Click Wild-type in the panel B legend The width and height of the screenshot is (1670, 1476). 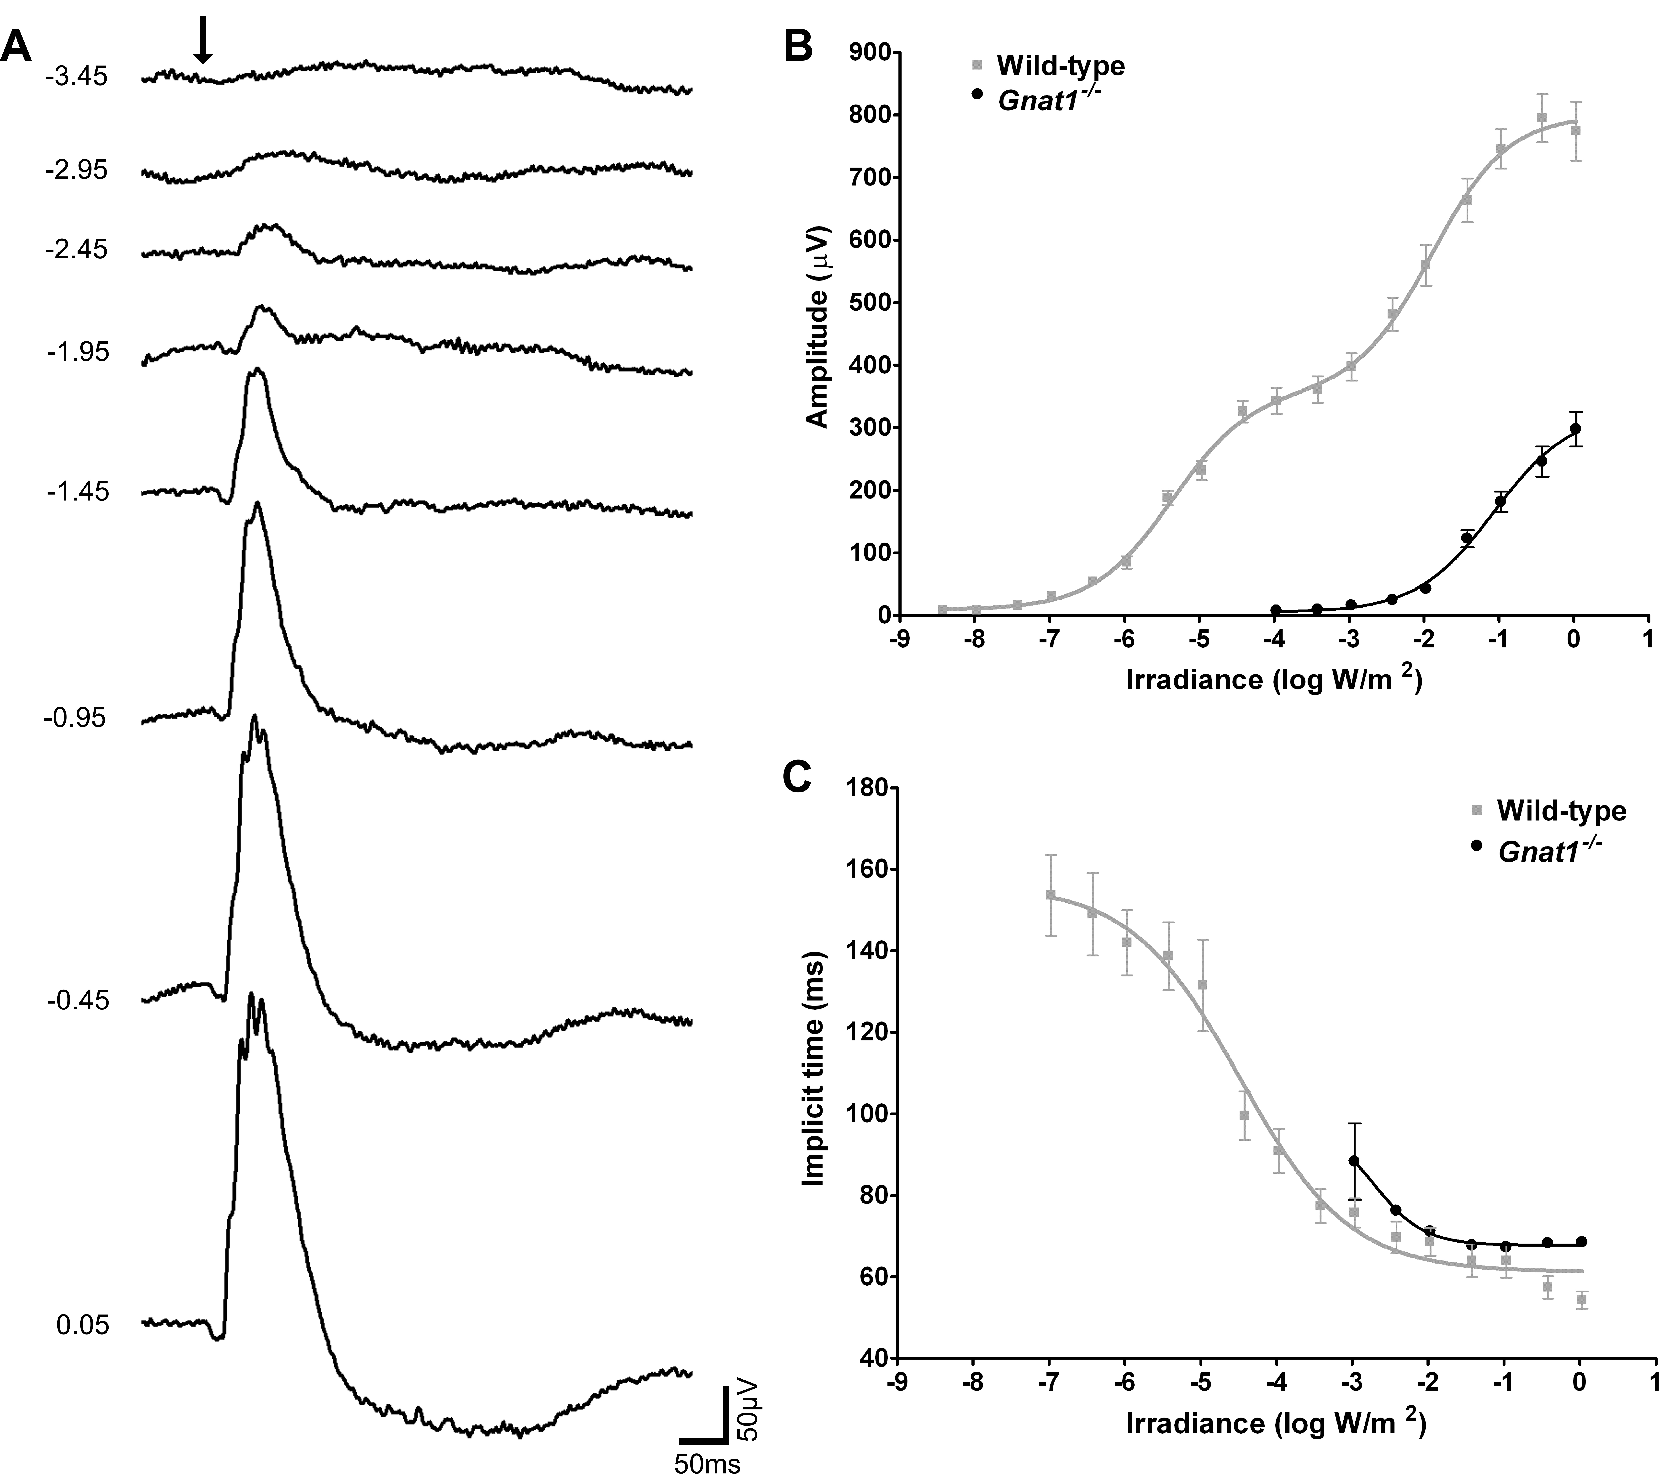coord(1060,66)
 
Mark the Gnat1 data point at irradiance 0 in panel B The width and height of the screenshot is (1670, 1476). coord(1575,429)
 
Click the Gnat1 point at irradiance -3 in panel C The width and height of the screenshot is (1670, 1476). coord(1354,1161)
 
